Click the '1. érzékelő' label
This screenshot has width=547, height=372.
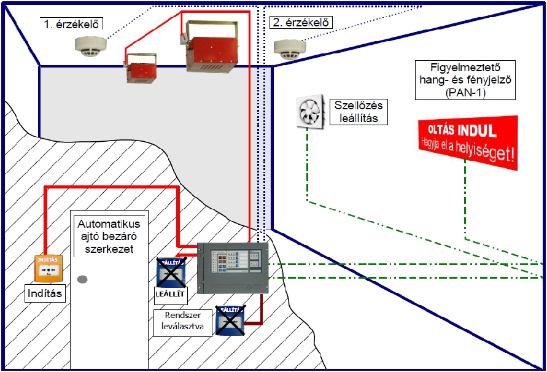point(72,24)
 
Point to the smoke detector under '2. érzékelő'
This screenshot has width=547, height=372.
point(289,47)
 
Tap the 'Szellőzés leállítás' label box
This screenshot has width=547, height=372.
point(359,111)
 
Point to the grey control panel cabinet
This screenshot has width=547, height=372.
point(233,268)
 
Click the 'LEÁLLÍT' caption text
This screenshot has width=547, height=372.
point(170,294)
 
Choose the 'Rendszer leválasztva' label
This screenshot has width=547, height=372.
point(183,322)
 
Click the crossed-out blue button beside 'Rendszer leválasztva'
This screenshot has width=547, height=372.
point(229,319)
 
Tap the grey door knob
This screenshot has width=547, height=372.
point(82,279)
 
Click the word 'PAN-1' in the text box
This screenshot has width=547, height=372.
point(465,92)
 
